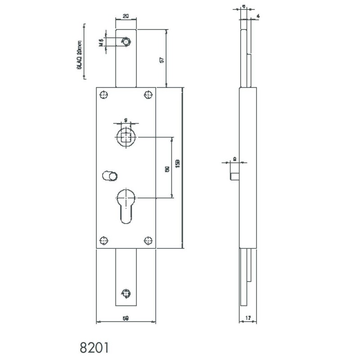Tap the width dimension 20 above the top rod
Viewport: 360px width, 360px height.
[126, 16]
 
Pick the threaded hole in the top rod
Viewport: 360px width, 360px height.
[128, 42]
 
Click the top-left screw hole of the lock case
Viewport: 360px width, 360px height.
[104, 94]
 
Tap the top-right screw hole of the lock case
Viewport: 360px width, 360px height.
[148, 94]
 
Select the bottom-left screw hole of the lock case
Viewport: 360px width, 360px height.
[104, 240]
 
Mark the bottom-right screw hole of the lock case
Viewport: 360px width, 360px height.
[148, 240]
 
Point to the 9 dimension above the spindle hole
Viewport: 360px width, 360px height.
[126, 119]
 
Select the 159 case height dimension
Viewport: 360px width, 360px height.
[179, 163]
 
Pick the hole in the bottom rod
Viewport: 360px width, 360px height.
[127, 292]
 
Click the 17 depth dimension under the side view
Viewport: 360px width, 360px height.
[247, 318]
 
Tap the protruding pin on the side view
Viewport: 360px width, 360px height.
[234, 171]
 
